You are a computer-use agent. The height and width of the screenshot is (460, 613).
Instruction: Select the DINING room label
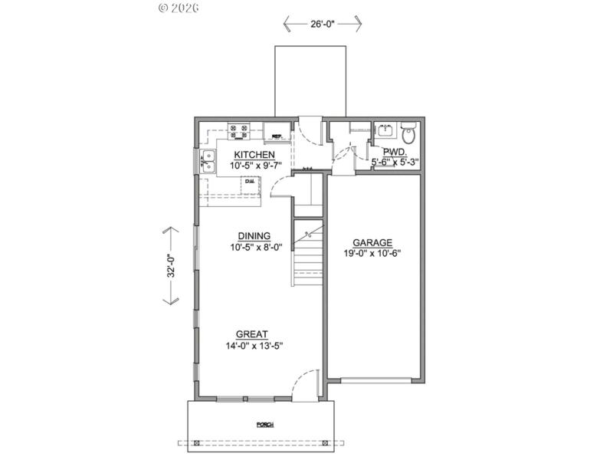pos(253,236)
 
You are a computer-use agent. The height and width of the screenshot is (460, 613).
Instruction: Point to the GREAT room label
pos(251,334)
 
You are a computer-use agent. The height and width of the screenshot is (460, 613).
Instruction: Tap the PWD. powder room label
pos(394,152)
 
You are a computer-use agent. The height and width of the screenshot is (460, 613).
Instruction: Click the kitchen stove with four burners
pos(238,132)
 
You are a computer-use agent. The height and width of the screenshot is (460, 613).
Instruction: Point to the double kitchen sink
pos(207,160)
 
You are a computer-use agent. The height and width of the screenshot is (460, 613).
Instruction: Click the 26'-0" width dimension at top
pos(323,25)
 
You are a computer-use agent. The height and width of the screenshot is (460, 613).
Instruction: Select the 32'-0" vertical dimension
pos(173,265)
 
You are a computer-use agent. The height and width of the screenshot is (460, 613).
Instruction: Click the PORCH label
pos(265,425)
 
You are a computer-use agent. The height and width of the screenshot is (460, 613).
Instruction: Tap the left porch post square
pos(197,443)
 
